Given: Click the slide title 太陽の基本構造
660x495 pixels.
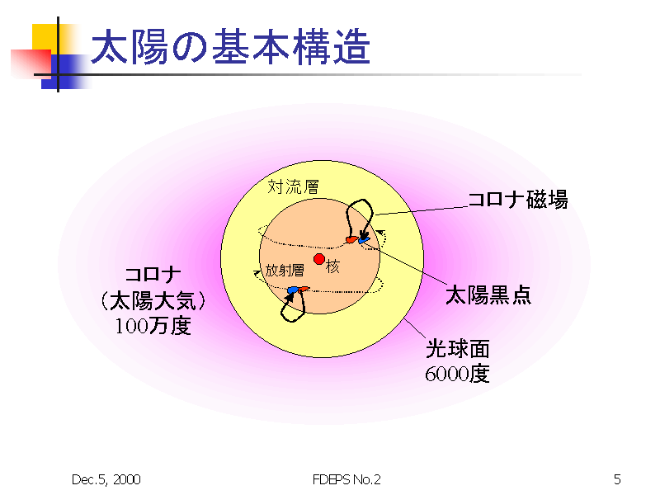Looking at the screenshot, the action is click(231, 47).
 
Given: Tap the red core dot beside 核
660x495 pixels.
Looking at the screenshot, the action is click(319, 259).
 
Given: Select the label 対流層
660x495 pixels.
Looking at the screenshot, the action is click(294, 186).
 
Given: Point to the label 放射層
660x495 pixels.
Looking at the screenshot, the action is click(285, 270).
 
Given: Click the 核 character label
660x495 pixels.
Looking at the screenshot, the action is click(332, 266).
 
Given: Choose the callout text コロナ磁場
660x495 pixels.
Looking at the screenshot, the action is click(518, 199).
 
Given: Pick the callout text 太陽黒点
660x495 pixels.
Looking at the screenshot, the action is click(488, 295).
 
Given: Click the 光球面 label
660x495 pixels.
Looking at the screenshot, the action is click(458, 349).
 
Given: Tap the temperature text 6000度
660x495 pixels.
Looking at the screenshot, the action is click(457, 374).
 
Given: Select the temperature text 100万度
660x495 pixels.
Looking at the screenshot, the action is click(153, 326).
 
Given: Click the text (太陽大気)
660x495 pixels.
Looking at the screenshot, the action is click(153, 300).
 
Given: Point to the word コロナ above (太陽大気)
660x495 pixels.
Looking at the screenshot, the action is click(153, 276).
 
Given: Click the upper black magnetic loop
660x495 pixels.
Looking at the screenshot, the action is click(360, 218).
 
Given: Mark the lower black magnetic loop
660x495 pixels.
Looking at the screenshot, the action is click(293, 305).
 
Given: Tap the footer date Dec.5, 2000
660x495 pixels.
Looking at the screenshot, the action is click(106, 479).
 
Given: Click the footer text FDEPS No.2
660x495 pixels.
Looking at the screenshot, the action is click(346, 479).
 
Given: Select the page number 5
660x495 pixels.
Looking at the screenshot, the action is click(617, 479).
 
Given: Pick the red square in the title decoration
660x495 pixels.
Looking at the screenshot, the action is click(31, 64).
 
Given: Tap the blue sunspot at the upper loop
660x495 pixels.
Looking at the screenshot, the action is click(364, 240).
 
